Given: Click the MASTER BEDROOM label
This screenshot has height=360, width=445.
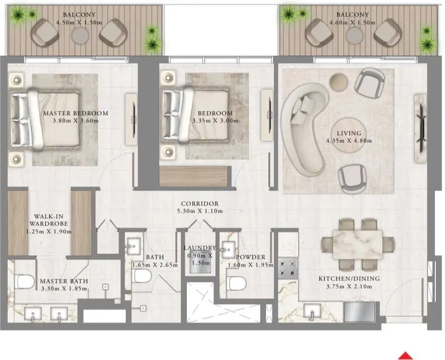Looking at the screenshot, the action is pyautogui.click(x=76, y=113).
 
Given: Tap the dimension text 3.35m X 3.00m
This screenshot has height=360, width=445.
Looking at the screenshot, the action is pyautogui.click(x=215, y=121).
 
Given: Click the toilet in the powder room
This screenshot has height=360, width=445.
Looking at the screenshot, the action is pyautogui.click(x=237, y=283).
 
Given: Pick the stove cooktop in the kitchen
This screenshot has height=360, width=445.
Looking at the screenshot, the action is pyautogui.click(x=288, y=268).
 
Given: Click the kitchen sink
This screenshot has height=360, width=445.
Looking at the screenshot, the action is pyautogui.click(x=312, y=311).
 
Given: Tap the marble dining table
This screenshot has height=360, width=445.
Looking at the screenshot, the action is pyautogui.click(x=358, y=244).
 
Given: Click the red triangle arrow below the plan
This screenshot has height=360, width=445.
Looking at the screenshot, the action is pyautogui.click(x=405, y=356).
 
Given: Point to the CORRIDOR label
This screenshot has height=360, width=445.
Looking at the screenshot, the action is pyautogui.click(x=200, y=203).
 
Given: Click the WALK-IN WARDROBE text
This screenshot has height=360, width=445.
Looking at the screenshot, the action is pyautogui.click(x=49, y=220).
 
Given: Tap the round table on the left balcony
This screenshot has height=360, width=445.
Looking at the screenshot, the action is pyautogui.click(x=80, y=36).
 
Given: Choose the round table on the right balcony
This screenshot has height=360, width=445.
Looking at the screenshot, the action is pyautogui.click(x=354, y=36).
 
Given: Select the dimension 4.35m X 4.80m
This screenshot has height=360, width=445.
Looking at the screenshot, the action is pyautogui.click(x=349, y=141).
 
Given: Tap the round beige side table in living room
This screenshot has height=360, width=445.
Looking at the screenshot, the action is pyautogui.click(x=339, y=82).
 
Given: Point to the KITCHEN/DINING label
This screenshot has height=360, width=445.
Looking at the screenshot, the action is pyautogui.click(x=349, y=278).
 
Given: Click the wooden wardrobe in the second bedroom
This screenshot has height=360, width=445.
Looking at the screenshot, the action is pyautogui.click(x=194, y=176).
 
